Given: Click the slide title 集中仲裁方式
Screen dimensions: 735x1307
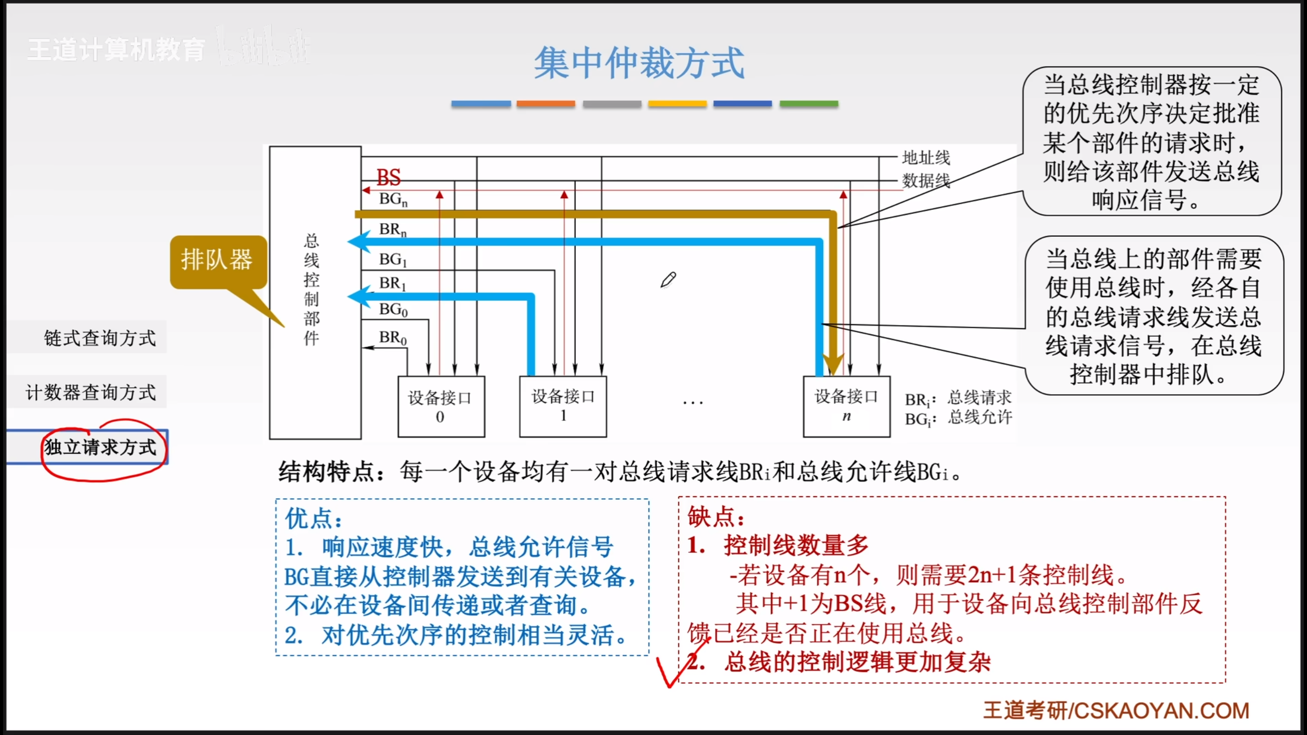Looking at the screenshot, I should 639,63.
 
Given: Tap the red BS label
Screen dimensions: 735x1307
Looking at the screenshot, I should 389,177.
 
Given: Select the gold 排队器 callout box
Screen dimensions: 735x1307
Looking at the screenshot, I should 218,260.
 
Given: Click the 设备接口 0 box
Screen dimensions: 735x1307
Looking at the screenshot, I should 441,406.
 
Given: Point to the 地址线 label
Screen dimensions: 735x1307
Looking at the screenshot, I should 926,158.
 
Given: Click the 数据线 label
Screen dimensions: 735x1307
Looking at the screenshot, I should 926,180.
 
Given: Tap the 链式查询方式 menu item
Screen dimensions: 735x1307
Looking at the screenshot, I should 100,338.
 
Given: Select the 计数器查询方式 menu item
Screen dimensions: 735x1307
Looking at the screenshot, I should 91,393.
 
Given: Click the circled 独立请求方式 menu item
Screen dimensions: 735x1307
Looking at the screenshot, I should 101,447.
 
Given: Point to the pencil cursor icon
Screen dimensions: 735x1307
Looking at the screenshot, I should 668,280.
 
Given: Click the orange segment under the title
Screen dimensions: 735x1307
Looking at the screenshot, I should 545,104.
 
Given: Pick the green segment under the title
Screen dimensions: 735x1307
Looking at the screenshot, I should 809,104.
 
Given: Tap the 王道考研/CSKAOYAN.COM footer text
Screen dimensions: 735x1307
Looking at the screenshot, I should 1116,710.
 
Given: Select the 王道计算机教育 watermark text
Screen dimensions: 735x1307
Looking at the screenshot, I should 116,50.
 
